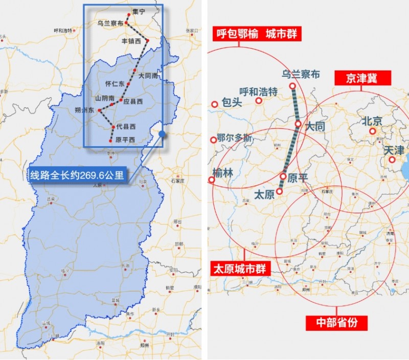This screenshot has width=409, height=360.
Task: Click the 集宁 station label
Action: [x=139, y=11]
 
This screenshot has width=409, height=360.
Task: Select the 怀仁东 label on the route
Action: [x=115, y=84]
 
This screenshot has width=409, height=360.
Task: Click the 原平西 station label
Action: [x=125, y=140]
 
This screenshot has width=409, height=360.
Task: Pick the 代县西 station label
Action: [x=126, y=126]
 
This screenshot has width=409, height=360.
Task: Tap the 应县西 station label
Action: [x=133, y=101]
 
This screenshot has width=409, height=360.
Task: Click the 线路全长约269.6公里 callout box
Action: [x=77, y=175]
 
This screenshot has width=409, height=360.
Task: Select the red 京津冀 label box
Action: [x=362, y=78]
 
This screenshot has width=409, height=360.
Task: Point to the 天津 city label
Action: [x=394, y=150]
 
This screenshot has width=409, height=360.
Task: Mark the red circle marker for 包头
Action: [x=215, y=104]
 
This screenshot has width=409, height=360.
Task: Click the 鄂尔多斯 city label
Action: [x=234, y=138]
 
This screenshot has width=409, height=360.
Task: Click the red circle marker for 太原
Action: [x=280, y=193]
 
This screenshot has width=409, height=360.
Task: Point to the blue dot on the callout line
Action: [x=162, y=134]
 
